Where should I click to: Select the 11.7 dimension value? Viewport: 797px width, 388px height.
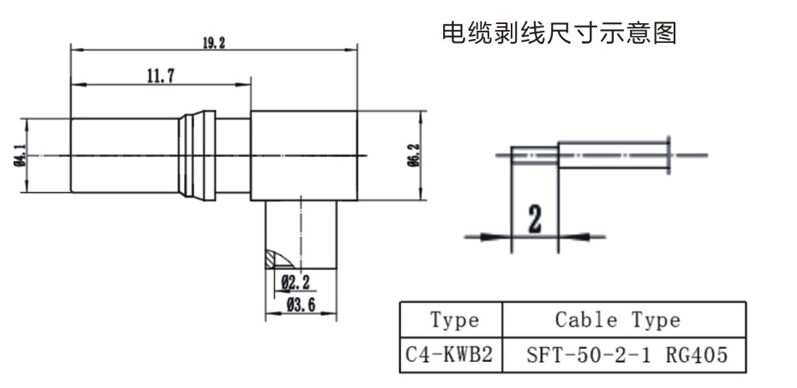point(160,76)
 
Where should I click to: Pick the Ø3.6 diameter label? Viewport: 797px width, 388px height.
point(301,304)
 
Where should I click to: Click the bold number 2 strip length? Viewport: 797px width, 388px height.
point(534,218)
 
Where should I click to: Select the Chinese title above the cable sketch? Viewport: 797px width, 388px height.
point(559,33)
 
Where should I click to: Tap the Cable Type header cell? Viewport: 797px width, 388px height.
point(618,320)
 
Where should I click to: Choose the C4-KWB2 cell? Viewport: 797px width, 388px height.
point(450,354)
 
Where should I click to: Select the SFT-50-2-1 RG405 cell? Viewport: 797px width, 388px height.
point(626,354)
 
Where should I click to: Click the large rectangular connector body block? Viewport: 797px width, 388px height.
point(303,155)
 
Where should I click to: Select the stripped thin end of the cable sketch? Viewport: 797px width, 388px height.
point(533,155)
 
